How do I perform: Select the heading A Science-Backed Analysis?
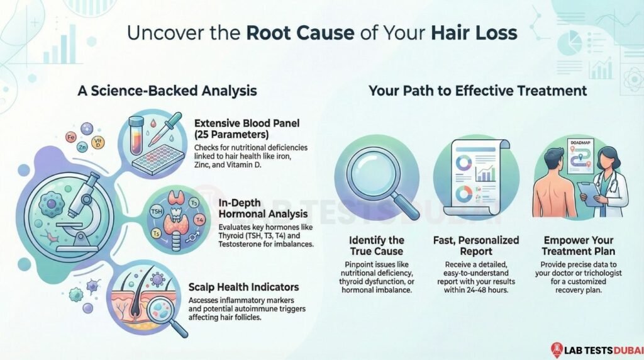(x=167, y=91)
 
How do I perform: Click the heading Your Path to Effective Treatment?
(x=477, y=91)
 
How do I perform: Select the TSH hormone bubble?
(x=158, y=212)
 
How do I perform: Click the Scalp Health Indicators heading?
(x=244, y=287)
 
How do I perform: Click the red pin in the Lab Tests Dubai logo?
(x=556, y=348)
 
